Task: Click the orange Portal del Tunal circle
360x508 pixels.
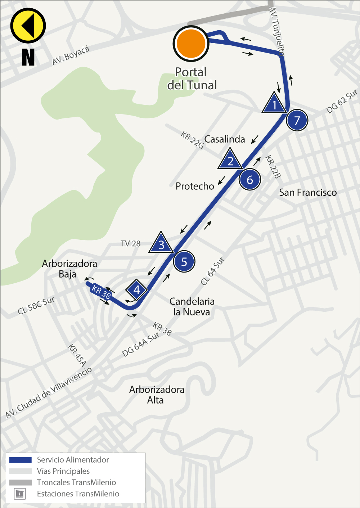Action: coord(191,44)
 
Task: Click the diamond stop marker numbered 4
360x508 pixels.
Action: coord(136,289)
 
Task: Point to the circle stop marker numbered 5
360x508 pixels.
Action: coord(184,262)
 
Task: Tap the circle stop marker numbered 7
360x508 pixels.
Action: coord(297,120)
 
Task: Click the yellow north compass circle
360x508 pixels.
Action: coord(28,26)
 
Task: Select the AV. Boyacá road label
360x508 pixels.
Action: coord(71,55)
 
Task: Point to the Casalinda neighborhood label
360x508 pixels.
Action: coord(225,139)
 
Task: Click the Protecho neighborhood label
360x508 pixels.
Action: coord(195,186)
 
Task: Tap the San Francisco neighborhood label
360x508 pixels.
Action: coord(308,193)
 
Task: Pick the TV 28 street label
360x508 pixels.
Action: coord(131,244)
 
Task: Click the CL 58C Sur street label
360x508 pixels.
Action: coord(36,305)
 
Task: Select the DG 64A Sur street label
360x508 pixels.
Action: coord(140,345)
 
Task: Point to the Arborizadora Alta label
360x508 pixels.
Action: coord(157,395)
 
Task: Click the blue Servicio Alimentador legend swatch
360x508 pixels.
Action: coord(21,460)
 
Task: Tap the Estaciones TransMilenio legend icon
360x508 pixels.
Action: coord(20,494)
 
